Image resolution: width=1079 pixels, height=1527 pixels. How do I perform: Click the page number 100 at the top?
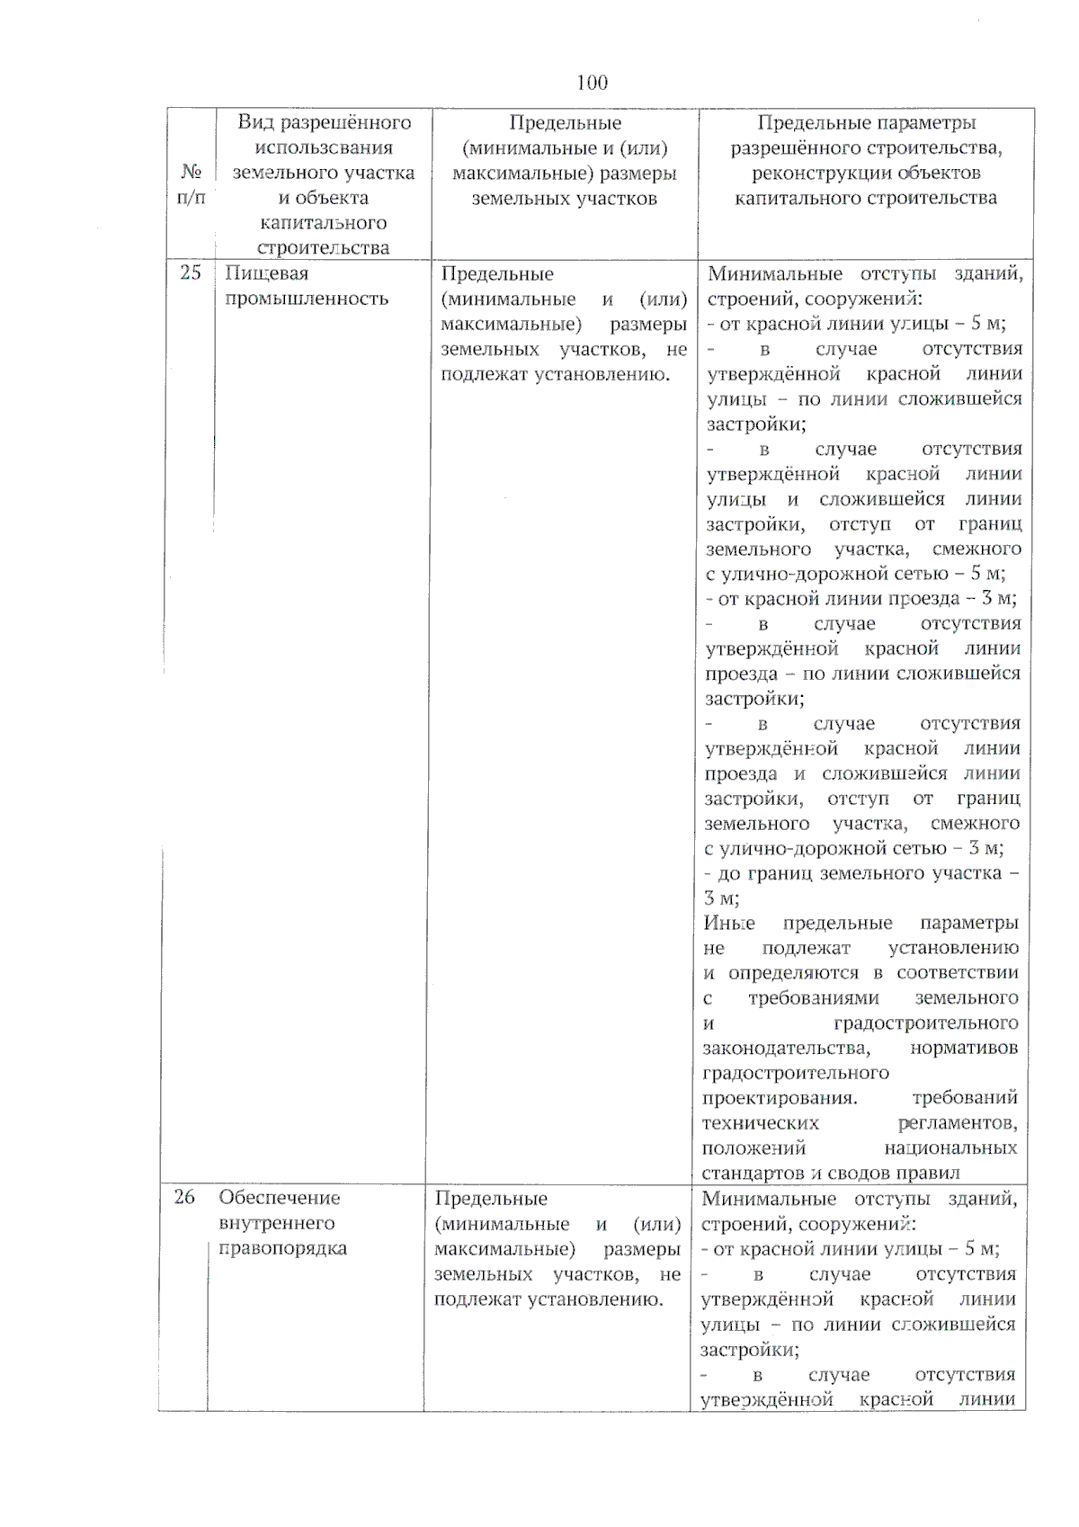(x=592, y=83)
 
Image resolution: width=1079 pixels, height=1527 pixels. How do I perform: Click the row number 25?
(x=191, y=272)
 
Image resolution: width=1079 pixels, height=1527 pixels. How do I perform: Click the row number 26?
(x=184, y=1197)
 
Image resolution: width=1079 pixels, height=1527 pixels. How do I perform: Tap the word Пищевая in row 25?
(x=266, y=273)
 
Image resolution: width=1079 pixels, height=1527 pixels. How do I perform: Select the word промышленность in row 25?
(x=307, y=299)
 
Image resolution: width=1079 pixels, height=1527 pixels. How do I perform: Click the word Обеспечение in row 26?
(x=280, y=1198)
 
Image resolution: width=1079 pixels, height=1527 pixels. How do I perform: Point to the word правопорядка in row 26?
(x=282, y=1248)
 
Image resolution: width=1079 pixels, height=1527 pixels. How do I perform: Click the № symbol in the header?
(x=191, y=172)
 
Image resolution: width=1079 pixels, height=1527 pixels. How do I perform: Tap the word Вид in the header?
(x=254, y=122)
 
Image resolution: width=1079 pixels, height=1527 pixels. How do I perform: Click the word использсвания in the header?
(x=324, y=147)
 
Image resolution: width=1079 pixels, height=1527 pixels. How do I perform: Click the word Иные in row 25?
(x=729, y=923)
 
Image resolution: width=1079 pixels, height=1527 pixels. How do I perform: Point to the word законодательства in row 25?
(x=786, y=1048)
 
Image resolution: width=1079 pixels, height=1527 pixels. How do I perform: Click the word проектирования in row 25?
(x=779, y=1098)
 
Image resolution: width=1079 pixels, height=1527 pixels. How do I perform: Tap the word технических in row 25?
(x=761, y=1123)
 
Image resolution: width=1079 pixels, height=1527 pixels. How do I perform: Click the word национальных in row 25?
(x=950, y=1148)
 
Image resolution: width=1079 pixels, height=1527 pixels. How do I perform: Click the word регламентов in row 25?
(x=958, y=1123)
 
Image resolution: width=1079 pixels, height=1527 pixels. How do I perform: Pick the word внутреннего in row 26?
(x=277, y=1223)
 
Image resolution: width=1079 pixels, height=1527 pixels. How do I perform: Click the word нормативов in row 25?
(x=964, y=1048)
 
